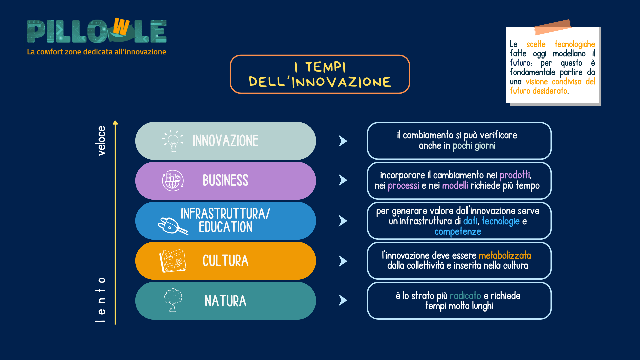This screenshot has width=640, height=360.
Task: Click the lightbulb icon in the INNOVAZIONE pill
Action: point(173,141)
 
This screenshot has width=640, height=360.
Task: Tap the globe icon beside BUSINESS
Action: point(173,180)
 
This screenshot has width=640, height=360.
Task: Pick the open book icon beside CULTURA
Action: point(173,261)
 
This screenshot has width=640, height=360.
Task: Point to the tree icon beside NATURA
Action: point(173,300)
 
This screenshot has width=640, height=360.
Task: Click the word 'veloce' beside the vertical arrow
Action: point(101,141)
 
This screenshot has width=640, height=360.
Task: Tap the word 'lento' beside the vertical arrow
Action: point(100,300)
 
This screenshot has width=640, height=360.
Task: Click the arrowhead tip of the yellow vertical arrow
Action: point(115,121)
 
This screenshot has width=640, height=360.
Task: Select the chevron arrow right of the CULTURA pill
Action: point(343,261)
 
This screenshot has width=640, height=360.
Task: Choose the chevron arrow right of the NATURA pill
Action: point(343,300)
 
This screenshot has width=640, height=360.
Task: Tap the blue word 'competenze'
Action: point(458,232)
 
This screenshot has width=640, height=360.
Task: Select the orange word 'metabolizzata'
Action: point(505,255)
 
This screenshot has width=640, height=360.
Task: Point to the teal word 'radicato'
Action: point(465,296)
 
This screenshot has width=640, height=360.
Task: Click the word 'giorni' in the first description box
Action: point(485,146)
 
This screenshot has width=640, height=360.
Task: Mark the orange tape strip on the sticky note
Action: point(553,27)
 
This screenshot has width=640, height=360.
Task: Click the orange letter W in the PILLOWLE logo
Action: point(121,26)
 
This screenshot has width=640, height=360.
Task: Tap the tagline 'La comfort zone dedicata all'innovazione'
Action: point(97,52)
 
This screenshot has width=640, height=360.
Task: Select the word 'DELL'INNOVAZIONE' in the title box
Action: point(320,82)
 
